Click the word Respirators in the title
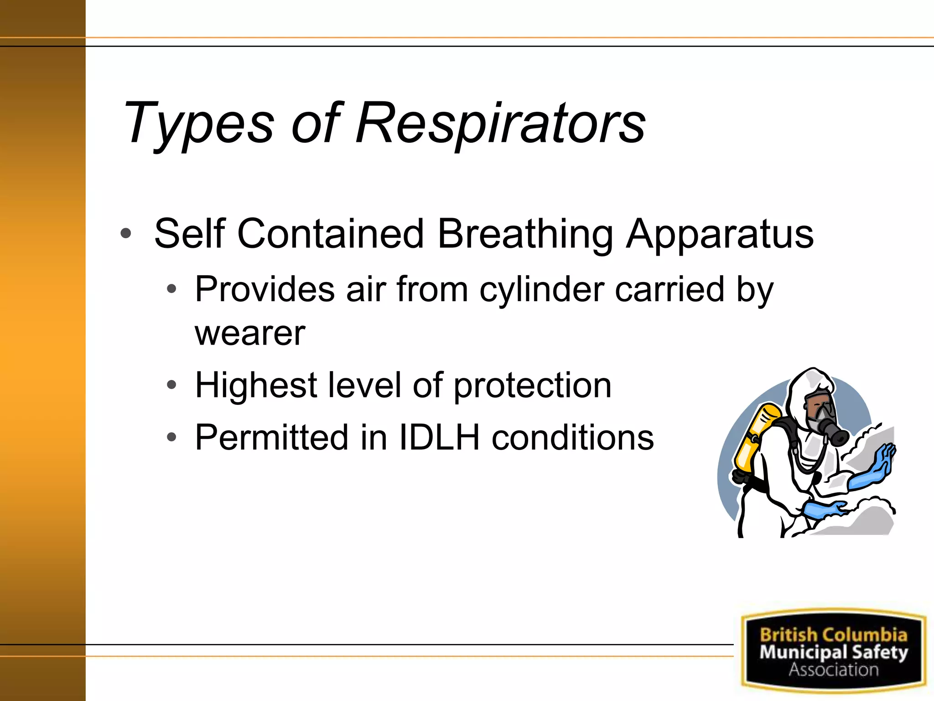pyautogui.click(x=501, y=123)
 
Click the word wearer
pyautogui.click(x=250, y=333)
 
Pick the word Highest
pyautogui.click(x=256, y=385)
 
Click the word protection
pyautogui.click(x=532, y=386)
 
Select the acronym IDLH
pyautogui.click(x=439, y=437)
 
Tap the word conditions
pyautogui.click(x=573, y=437)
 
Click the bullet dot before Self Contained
pyautogui.click(x=126, y=234)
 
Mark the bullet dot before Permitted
pyautogui.click(x=171, y=437)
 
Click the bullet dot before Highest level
pyautogui.click(x=171, y=385)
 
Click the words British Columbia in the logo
pyautogui.click(x=833, y=635)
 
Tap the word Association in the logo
pyautogui.click(x=834, y=670)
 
